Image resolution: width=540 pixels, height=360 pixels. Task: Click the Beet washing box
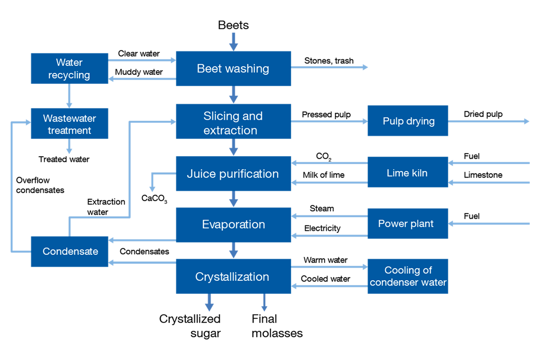[233, 68]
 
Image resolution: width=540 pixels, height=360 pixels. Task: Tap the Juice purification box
[233, 174]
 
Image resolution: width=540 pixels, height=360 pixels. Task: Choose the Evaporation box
[233, 225]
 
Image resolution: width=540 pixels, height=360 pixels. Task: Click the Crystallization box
[233, 276]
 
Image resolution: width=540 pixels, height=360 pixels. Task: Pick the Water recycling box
[69, 68]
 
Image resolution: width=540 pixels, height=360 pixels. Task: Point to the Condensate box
[69, 251]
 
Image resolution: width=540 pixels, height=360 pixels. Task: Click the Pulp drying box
[408, 121]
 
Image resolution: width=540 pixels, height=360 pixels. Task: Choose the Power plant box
[408, 223]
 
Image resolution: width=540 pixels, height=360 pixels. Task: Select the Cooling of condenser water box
[408, 276]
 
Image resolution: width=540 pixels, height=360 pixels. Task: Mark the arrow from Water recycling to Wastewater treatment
[69, 95]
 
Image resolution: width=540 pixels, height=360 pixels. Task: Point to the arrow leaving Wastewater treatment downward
[69, 146]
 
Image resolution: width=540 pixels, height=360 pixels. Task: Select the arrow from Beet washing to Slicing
[233, 94]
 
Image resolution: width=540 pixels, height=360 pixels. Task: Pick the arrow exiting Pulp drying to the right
[489, 121]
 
